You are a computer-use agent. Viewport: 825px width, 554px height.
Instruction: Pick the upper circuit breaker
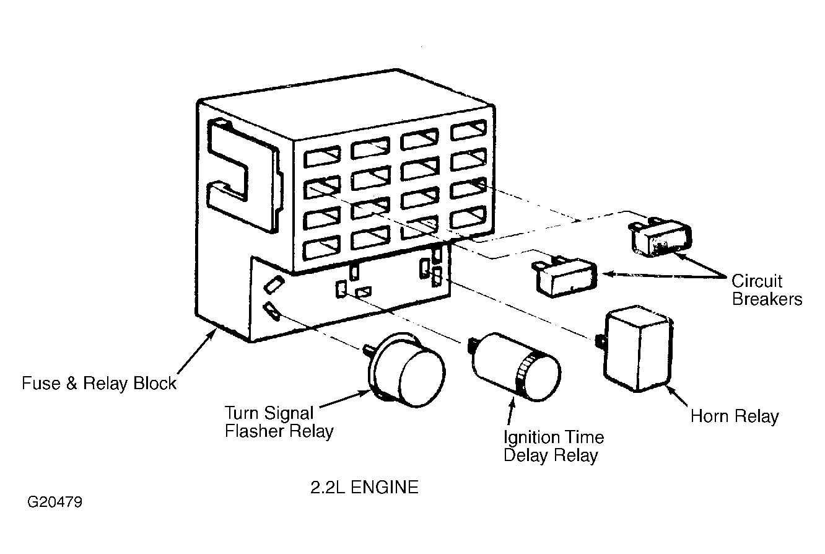pyautogui.click(x=661, y=236)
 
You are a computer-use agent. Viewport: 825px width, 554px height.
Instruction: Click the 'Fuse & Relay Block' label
pyautogui.click(x=99, y=384)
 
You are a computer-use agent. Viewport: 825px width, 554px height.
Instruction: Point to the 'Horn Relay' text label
pyautogui.click(x=735, y=416)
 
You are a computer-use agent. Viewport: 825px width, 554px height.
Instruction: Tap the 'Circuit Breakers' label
pyautogui.click(x=767, y=290)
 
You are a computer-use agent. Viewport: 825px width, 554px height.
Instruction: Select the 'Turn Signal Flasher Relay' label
pyautogui.click(x=279, y=422)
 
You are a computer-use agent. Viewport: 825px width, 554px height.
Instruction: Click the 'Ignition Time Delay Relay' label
pyautogui.click(x=554, y=446)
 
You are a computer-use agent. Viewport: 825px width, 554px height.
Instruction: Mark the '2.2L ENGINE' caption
pyautogui.click(x=364, y=487)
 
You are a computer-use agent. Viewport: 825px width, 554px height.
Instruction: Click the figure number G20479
pyautogui.click(x=55, y=502)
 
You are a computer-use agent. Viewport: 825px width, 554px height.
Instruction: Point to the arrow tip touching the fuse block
pyautogui.click(x=216, y=329)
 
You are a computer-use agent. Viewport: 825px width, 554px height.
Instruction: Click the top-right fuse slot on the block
pyautogui.click(x=468, y=130)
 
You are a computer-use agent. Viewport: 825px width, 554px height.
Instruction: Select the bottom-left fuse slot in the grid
pyautogui.click(x=321, y=248)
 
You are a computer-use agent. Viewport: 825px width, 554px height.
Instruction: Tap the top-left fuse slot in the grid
pyautogui.click(x=322, y=156)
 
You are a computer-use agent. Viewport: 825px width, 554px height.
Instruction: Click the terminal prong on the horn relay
pyautogui.click(x=600, y=340)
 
